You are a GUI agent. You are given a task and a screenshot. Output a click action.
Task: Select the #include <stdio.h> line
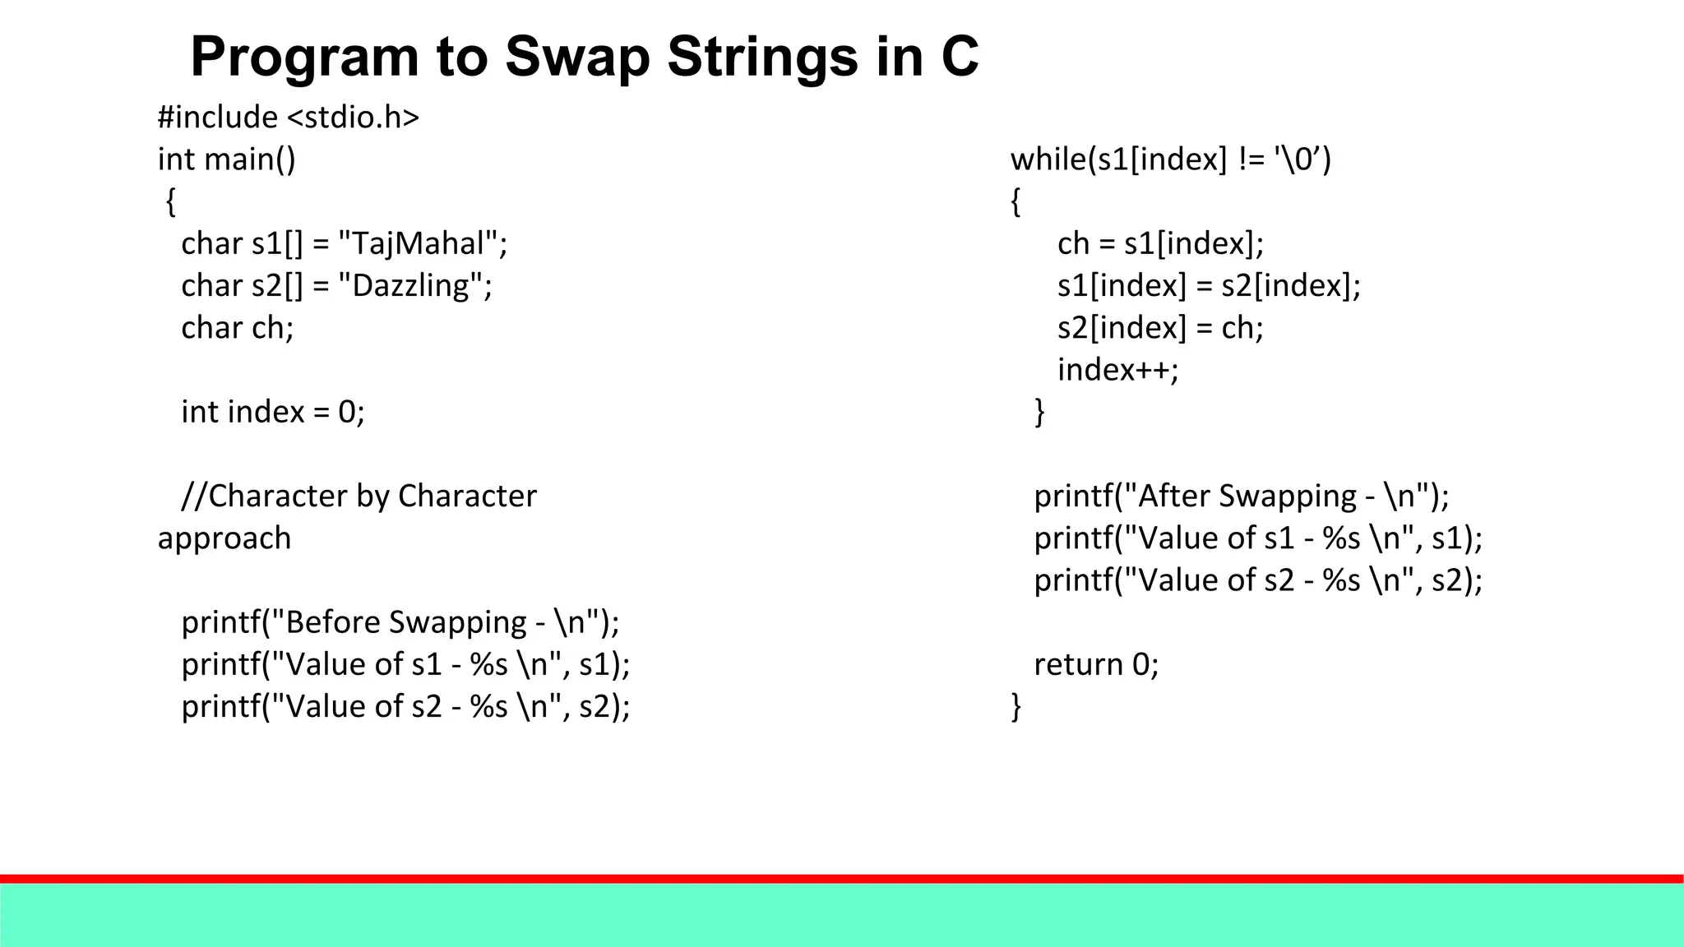tap(289, 118)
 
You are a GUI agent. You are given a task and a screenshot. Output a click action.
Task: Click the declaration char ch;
tap(238, 328)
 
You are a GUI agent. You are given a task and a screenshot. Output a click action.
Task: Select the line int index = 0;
tap(273, 412)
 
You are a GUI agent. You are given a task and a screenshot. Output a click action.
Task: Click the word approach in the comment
tap(224, 538)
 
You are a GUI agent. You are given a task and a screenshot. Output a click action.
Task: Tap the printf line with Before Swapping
tap(400, 622)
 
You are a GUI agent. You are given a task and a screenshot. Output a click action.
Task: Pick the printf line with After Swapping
tap(1242, 496)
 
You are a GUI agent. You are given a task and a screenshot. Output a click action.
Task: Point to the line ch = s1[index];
tap(1160, 243)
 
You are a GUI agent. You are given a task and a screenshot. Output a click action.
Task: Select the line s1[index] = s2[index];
tap(1209, 285)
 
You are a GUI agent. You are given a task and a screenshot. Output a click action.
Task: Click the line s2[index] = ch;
tap(1160, 328)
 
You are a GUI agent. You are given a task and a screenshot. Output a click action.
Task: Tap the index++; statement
tap(1117, 370)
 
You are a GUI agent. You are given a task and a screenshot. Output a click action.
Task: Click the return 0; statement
tap(1096, 664)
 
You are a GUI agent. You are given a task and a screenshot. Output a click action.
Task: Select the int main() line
tap(227, 159)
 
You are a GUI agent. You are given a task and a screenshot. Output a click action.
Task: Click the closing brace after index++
tap(1039, 411)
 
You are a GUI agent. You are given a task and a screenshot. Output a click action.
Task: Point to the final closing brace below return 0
tap(1016, 706)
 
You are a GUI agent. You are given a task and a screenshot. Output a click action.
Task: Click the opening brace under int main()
tap(171, 201)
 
